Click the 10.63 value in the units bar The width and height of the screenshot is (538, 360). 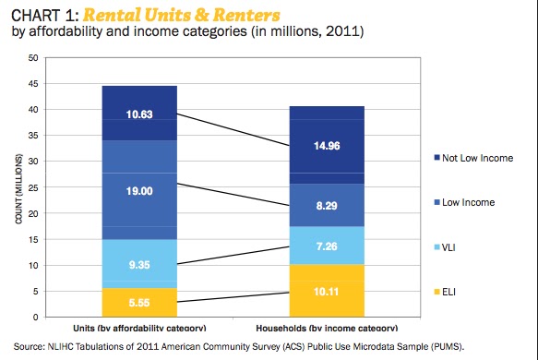pyautogui.click(x=139, y=114)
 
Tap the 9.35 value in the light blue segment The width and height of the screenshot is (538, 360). pyautogui.click(x=139, y=263)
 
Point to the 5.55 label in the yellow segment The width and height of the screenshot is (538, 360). pyautogui.click(x=139, y=302)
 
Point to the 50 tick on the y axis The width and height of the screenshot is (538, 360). pyautogui.click(x=33, y=58)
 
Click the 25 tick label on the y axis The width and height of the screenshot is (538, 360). pyautogui.click(x=33, y=187)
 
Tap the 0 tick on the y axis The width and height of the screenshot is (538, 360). pyautogui.click(x=36, y=318)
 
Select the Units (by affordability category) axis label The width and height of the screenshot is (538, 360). pyautogui.click(x=138, y=329)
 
